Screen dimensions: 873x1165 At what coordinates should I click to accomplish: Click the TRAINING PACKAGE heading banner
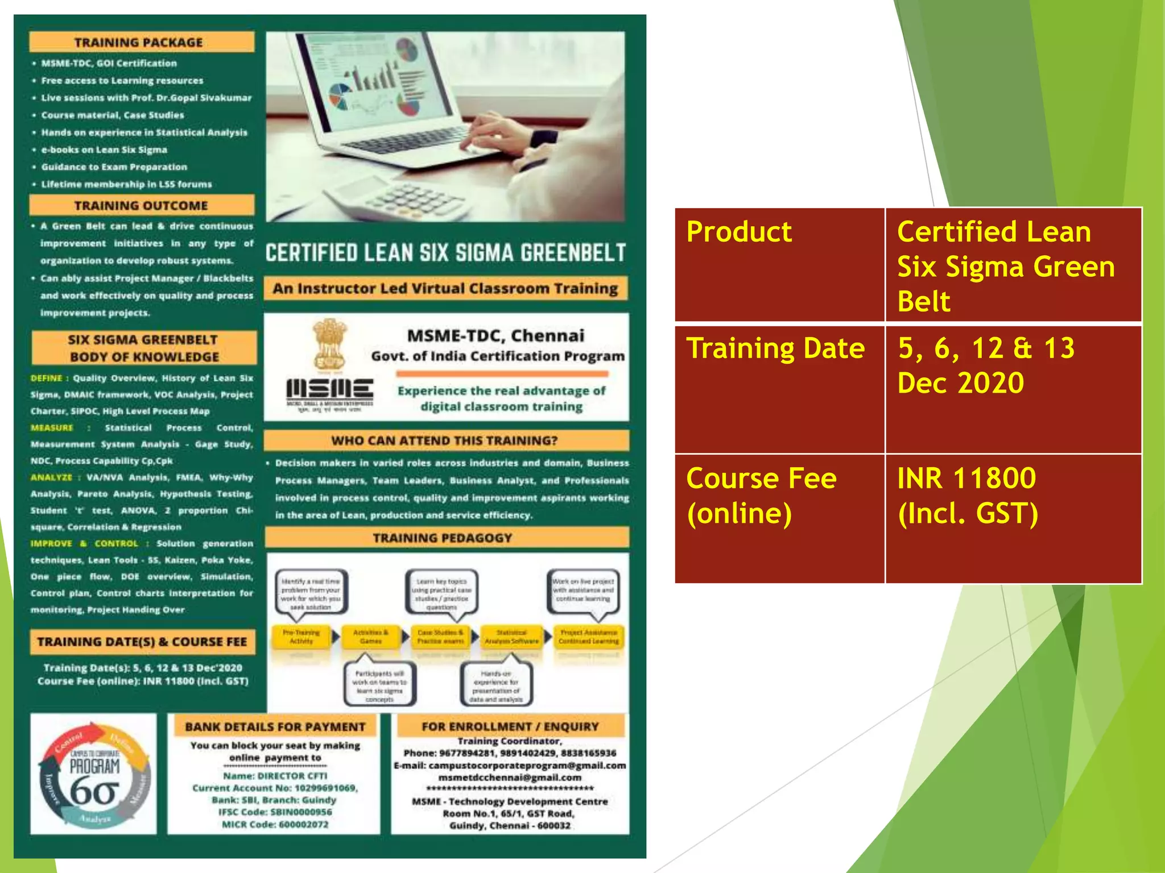(x=141, y=43)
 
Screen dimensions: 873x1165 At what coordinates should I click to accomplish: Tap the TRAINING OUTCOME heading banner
(x=141, y=205)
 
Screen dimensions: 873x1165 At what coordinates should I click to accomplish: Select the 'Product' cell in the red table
(x=779, y=265)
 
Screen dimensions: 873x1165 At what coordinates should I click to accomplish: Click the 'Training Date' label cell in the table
(x=779, y=389)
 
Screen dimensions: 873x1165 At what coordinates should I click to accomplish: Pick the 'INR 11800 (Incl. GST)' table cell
(x=1013, y=518)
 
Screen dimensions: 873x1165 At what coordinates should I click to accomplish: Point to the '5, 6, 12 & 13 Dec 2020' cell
(x=1013, y=389)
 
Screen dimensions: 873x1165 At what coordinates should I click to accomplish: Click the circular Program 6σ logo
(x=94, y=774)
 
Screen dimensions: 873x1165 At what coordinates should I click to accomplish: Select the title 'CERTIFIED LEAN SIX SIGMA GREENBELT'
(x=445, y=253)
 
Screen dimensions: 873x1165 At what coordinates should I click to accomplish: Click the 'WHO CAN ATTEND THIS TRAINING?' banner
(x=445, y=440)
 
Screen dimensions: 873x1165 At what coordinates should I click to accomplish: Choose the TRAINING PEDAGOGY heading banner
(x=443, y=538)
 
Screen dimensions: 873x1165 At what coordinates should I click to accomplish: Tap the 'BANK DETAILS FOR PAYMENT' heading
(x=275, y=727)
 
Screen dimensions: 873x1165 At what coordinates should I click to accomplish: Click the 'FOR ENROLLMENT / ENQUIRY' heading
(x=510, y=727)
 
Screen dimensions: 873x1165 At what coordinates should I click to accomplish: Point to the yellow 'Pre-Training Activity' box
(x=301, y=637)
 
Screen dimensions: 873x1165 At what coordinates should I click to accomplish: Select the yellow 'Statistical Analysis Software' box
(x=511, y=637)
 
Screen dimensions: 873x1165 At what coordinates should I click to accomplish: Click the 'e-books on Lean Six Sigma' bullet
(x=104, y=150)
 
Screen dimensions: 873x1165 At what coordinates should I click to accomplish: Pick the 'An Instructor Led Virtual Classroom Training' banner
(x=445, y=289)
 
